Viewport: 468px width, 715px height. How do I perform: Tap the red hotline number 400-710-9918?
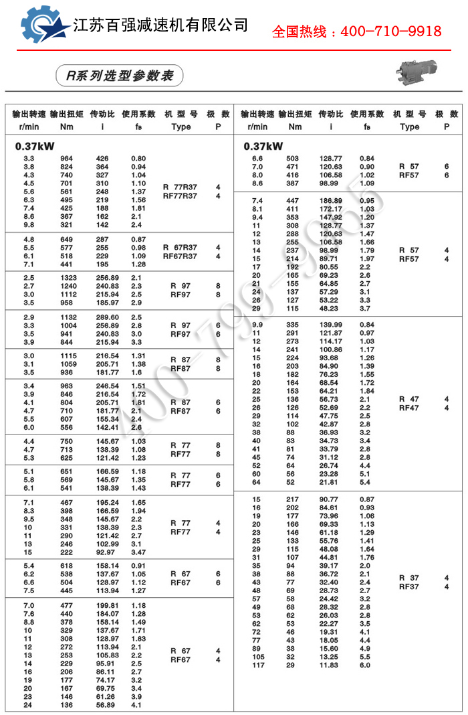pyautogui.click(x=356, y=31)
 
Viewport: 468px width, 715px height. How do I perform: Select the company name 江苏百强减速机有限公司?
pyautogui.click(x=160, y=25)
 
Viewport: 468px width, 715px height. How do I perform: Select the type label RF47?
pyautogui.click(x=408, y=408)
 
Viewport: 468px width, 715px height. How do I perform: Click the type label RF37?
pyautogui.click(x=408, y=587)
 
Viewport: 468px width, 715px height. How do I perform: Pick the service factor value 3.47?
pyautogui.click(x=138, y=552)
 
